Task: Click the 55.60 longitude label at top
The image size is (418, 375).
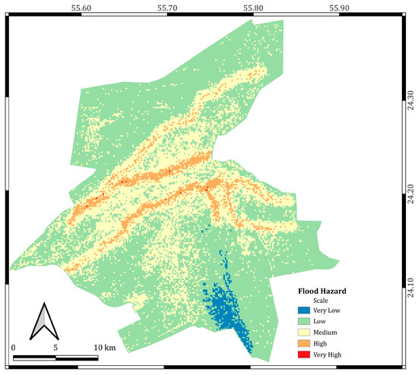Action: (81, 6)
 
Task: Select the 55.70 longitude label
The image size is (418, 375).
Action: (167, 6)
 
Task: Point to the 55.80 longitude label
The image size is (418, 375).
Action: (253, 6)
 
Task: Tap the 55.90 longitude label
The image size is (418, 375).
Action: (339, 6)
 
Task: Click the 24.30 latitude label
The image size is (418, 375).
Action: (411, 102)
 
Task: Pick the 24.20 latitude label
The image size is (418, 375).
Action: (411, 187)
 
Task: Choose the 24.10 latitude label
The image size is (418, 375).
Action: (411, 275)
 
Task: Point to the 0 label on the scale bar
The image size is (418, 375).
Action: (14, 347)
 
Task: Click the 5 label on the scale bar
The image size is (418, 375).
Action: (55, 347)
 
